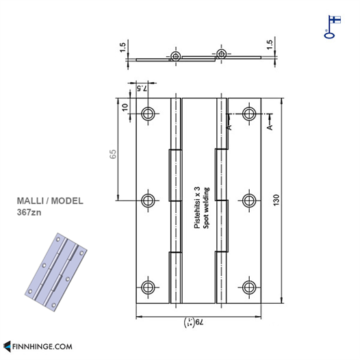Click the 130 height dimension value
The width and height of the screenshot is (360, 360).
[x=277, y=200]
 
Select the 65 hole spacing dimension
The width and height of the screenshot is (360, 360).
[x=113, y=154]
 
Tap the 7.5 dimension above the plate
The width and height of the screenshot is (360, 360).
[x=142, y=88]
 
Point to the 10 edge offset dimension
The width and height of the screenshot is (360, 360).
[x=125, y=107]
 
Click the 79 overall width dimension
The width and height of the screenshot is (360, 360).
[x=194, y=322]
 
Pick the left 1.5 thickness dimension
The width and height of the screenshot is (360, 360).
[x=123, y=47]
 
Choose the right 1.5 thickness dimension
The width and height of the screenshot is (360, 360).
[x=270, y=44]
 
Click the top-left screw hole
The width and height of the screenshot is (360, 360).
[x=148, y=114]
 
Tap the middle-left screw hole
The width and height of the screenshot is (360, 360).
[x=148, y=201]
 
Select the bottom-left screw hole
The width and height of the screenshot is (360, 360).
[x=148, y=287]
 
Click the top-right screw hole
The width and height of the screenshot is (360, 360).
[x=249, y=114]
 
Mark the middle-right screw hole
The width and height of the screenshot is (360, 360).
[x=249, y=201]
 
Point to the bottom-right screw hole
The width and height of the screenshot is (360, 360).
[x=249, y=287]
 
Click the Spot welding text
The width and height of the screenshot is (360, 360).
[x=206, y=208]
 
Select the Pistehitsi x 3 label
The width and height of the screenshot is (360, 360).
[x=197, y=207]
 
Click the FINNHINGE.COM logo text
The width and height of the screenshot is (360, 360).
[x=42, y=346]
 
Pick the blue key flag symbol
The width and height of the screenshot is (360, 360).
[x=332, y=27]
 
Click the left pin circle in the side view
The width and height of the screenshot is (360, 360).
[x=176, y=56]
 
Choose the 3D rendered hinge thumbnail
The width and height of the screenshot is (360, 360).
[x=56, y=272]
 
